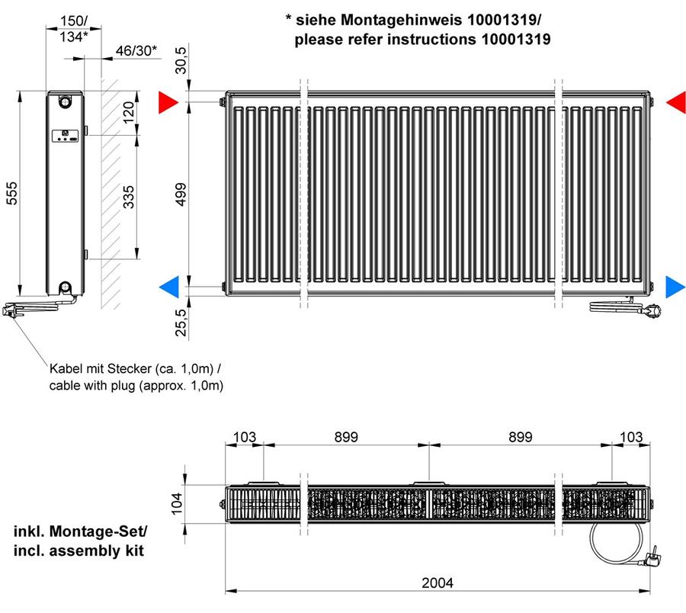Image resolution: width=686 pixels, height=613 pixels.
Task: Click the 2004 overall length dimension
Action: [x=437, y=583]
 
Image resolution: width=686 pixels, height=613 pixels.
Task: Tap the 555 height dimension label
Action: [x=11, y=193]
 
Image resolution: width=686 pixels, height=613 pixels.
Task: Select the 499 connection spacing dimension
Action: [x=180, y=194]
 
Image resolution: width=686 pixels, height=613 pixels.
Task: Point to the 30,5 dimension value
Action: [x=180, y=60]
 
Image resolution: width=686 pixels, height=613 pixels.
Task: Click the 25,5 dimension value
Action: [x=181, y=322]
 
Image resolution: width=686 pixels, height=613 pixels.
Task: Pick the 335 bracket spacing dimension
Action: [x=128, y=197]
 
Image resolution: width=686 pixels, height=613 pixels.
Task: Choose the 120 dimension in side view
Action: [x=128, y=112]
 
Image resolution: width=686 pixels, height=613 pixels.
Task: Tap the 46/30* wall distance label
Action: [x=136, y=51]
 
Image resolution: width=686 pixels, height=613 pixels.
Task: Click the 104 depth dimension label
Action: [x=176, y=503]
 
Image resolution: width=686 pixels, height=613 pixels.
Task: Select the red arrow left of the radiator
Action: [x=168, y=102]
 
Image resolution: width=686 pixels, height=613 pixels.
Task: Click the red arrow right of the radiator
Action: [x=676, y=102]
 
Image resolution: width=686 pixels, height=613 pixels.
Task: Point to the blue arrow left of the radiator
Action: [x=169, y=287]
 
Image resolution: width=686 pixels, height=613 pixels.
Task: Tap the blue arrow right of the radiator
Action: [x=675, y=287]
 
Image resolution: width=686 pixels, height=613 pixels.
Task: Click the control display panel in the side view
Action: [x=66, y=136]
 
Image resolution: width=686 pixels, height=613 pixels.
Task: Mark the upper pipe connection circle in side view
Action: [x=65, y=101]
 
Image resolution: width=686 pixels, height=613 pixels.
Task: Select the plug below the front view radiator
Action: [x=651, y=310]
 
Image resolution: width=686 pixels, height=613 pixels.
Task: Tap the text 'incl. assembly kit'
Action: [x=79, y=550]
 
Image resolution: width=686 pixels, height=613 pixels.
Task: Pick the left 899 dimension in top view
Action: [x=346, y=437]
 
